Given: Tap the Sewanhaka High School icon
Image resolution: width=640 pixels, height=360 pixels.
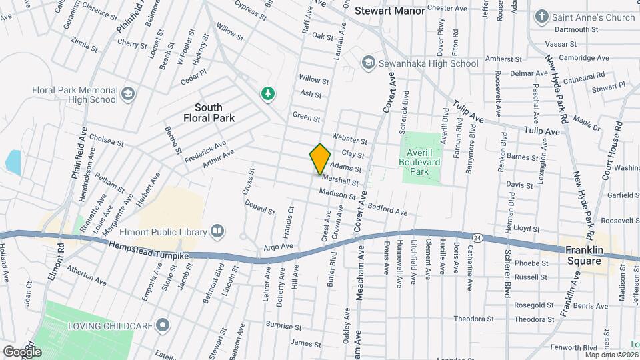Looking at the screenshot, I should point(367,63).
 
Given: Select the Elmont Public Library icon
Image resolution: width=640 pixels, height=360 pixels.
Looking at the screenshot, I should point(217,231).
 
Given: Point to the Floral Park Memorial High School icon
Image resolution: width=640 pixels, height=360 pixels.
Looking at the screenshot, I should point(128,95).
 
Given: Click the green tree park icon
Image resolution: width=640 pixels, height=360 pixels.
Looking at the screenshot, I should point(268,93).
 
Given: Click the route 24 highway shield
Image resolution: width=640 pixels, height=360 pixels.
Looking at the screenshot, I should point(477,237).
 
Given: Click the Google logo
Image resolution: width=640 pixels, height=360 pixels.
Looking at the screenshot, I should point(21,351).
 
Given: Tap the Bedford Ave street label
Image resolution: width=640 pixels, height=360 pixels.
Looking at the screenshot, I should point(387,208).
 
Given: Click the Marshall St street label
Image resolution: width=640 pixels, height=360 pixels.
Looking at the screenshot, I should point(340,180).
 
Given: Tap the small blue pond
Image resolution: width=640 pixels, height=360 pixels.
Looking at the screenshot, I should point(12,161).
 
